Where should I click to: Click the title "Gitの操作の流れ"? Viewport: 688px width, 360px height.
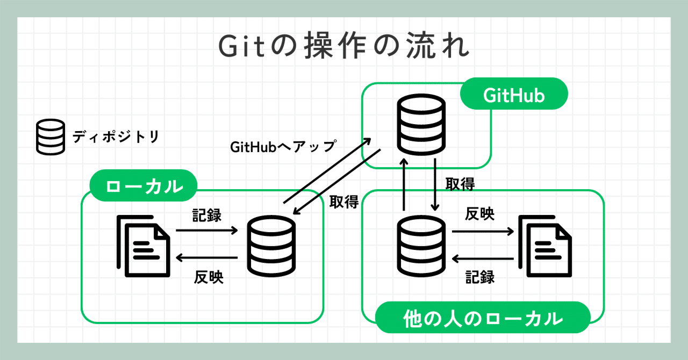point(344,46)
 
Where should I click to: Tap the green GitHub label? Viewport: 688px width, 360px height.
point(514,96)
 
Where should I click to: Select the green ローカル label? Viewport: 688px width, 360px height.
point(144,186)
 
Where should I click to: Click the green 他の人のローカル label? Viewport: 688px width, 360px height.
point(482,318)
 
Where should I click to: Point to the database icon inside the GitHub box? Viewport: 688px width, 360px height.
point(421,124)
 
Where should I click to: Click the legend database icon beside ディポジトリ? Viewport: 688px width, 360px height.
point(50,138)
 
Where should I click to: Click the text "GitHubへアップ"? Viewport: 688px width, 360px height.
point(283,146)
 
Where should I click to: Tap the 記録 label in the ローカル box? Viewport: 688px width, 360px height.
point(207,215)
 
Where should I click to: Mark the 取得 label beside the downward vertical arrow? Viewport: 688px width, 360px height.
point(460,184)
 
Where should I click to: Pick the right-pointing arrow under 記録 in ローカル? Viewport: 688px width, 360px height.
point(207,231)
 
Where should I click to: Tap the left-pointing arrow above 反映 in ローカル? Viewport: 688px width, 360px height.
point(207,258)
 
